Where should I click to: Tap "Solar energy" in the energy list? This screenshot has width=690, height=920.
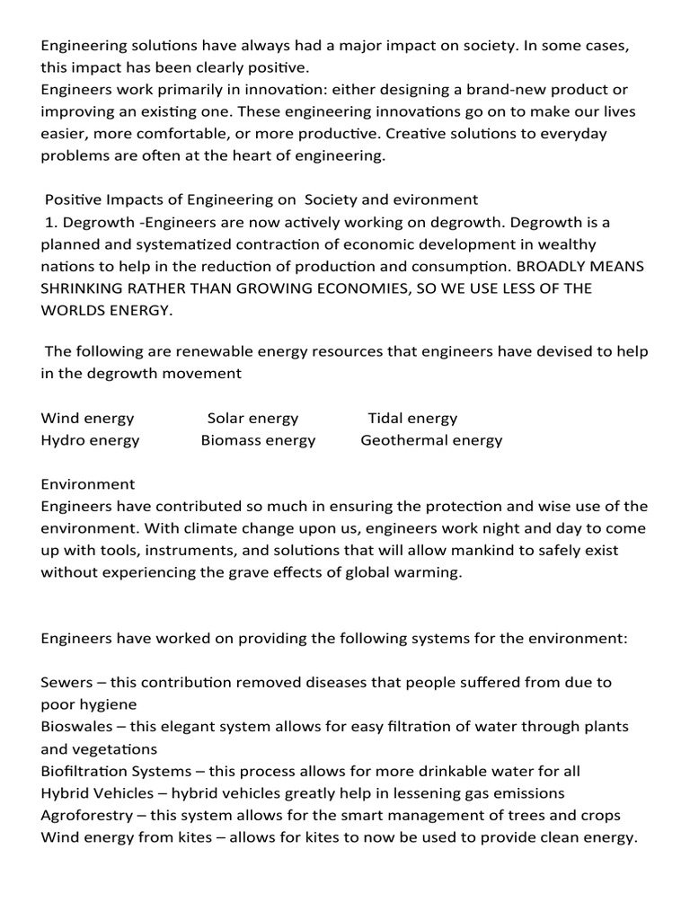pos(252,418)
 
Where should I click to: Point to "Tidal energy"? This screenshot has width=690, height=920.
pos(412,418)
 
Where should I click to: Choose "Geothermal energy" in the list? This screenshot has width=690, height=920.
pos(431,440)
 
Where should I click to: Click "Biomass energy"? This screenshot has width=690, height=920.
pos(258,440)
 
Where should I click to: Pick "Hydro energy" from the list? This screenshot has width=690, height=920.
pos(90,440)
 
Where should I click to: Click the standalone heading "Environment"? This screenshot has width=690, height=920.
pos(88,484)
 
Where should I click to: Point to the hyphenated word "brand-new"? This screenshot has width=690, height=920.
pos(491,89)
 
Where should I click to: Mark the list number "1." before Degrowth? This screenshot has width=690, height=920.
pos(51,222)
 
